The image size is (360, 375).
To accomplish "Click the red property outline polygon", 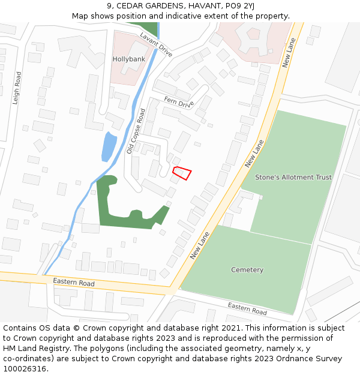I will (x=182, y=173).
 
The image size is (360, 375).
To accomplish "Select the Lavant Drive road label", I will (x=156, y=45).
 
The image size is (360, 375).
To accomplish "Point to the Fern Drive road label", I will (x=180, y=103).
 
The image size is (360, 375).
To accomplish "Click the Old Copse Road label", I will (x=136, y=131).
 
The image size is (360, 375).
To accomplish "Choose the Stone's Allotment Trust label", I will (x=293, y=178).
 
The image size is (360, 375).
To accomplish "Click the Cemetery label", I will (x=247, y=270).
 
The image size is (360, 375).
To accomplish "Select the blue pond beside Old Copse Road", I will (x=109, y=146).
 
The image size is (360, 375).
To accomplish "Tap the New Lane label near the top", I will (x=288, y=52).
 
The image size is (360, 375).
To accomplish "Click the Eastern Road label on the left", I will (x=74, y=282).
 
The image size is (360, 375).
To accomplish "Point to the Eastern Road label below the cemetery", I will (x=247, y=309).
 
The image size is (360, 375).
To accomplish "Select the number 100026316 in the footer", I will (x=23, y=369).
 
